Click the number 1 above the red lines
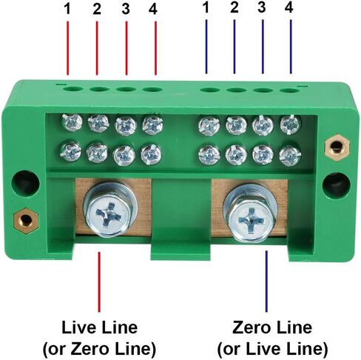coord(67,9)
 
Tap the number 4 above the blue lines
coord(289,7)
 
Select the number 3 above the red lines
coord(126,9)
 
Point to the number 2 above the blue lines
coord(235,7)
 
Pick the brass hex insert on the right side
coord(337,147)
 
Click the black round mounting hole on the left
coord(26,183)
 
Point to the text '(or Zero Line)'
coord(99,349)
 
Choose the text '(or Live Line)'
coord(272,349)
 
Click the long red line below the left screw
coord(99,281)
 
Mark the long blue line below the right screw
coord(266,281)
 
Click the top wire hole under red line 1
coord(72,89)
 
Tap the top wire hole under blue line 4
coord(289,90)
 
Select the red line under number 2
coord(97,48)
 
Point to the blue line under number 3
coord(263,47)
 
